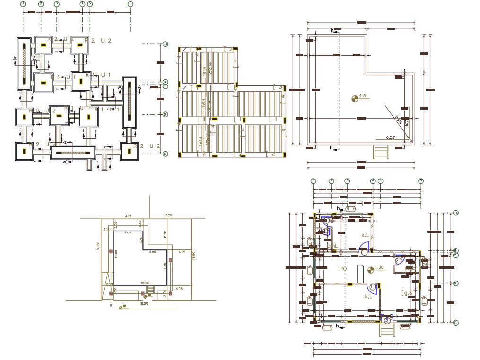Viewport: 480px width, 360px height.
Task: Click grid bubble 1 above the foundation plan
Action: [23, 4]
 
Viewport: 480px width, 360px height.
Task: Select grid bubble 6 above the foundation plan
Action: [131, 4]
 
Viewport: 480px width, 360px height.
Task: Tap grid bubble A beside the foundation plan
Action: [166, 44]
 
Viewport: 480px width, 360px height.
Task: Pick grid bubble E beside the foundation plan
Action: [165, 154]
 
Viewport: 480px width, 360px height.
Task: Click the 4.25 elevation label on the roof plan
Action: [364, 96]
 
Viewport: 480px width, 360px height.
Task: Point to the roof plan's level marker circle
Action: [354, 98]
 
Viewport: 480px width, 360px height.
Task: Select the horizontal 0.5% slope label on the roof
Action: [390, 137]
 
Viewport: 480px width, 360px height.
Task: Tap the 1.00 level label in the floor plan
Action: [379, 267]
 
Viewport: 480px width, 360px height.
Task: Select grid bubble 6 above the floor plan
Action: [421, 181]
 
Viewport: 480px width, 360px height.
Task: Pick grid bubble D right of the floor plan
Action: [456, 283]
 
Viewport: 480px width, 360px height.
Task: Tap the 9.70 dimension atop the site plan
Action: [128, 216]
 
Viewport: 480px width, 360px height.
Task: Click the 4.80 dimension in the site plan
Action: [152, 252]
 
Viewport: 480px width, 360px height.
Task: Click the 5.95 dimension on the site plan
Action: [128, 233]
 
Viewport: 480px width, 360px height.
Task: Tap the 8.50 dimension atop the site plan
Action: [168, 216]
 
